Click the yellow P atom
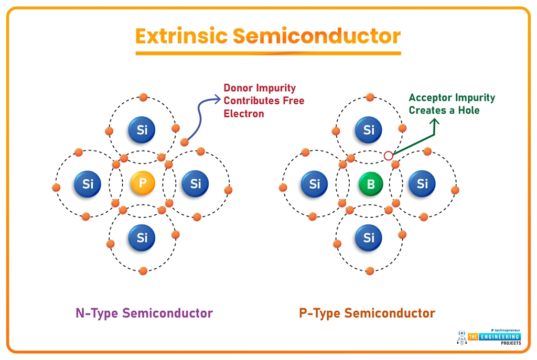pyautogui.click(x=142, y=183)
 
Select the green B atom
pyautogui.click(x=370, y=184)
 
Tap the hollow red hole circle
pyautogui.click(x=388, y=156)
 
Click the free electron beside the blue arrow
pyautogui.click(x=184, y=142)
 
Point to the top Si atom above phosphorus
pyautogui.click(x=142, y=130)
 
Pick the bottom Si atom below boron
pyautogui.click(x=369, y=237)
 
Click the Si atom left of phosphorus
pyautogui.click(x=88, y=184)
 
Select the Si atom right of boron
pyautogui.click(x=422, y=184)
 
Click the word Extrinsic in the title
pyautogui.click(x=181, y=36)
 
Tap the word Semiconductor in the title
pyautogui.click(x=317, y=36)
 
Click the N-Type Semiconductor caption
pyautogui.click(x=144, y=313)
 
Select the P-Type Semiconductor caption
pyautogui.click(x=367, y=313)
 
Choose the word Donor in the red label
pyautogui.click(x=239, y=88)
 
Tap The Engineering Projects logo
pyautogui.click(x=489, y=337)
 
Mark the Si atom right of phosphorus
pyautogui.click(x=196, y=184)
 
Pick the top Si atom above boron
pyautogui.click(x=369, y=130)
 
